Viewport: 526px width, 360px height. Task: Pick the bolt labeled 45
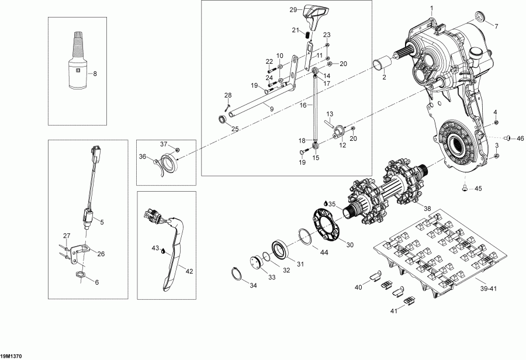tap(465, 188)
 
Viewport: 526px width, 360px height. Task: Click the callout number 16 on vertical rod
tap(303, 106)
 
